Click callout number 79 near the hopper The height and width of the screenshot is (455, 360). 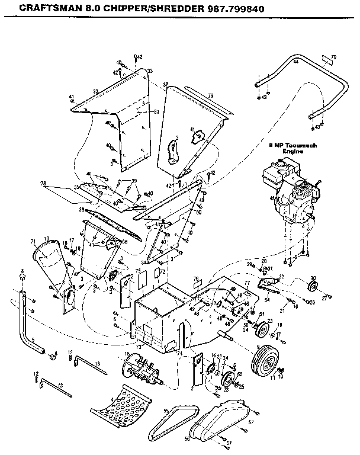[210, 95]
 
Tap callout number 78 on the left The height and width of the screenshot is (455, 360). [42, 183]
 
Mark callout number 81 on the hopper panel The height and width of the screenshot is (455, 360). [157, 111]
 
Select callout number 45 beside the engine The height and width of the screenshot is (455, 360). [272, 199]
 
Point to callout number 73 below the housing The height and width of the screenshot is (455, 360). [139, 345]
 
